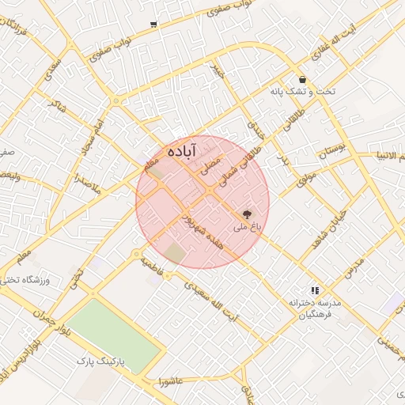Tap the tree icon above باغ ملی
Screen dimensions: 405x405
pos(247,214)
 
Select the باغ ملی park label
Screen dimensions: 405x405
pos(245,228)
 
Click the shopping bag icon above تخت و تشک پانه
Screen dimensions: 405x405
pos(304,79)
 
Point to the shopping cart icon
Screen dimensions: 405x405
pos(153,25)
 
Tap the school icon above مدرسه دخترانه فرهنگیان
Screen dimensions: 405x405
pos(314,291)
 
